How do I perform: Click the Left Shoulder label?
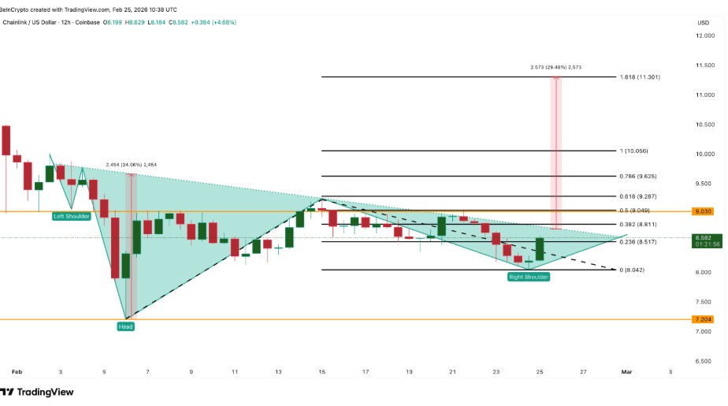click(72, 216)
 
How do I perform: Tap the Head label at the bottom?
click(125, 326)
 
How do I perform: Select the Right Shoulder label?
click(529, 277)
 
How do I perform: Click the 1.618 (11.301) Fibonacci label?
click(634, 77)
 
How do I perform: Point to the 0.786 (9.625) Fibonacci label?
click(634, 176)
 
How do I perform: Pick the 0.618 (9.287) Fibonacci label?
click(634, 196)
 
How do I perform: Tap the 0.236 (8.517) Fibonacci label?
click(634, 242)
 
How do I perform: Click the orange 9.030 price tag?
click(703, 211)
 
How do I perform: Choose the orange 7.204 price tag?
click(703, 319)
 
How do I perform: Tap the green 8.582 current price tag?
click(703, 237)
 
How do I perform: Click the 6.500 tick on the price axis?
click(703, 361)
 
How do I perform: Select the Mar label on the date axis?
click(627, 371)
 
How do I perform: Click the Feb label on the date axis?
click(17, 371)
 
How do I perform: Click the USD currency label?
click(704, 22)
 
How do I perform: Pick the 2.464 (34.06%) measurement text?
click(132, 165)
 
